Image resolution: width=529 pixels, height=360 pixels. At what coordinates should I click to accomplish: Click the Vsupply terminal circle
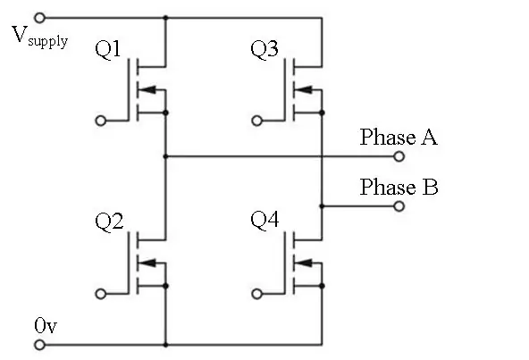click(40, 18)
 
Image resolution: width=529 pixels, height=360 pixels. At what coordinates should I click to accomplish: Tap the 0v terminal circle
click(39, 345)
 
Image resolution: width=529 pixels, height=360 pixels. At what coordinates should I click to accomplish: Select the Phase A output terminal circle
click(399, 156)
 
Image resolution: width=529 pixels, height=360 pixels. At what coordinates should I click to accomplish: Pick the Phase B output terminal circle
click(399, 206)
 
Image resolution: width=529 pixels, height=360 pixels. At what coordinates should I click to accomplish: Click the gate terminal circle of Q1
click(101, 121)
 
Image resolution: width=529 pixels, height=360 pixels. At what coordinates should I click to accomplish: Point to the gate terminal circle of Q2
click(101, 294)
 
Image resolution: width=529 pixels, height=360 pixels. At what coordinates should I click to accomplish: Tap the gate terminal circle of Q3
click(256, 121)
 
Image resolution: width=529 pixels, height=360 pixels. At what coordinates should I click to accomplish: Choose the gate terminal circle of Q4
click(256, 294)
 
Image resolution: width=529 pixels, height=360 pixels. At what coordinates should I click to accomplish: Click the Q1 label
click(107, 49)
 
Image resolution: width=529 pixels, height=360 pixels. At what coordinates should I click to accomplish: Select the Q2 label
click(109, 222)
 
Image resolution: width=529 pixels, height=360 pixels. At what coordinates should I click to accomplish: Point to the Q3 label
click(264, 49)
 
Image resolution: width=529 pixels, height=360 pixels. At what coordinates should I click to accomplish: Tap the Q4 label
click(264, 220)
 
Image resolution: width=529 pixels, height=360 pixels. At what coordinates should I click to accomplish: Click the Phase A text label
click(399, 137)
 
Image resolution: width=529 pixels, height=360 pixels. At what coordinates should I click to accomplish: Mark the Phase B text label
click(399, 187)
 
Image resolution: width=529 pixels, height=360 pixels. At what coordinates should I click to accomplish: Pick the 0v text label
click(46, 325)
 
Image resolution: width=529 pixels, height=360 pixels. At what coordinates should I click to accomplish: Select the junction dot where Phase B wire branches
click(322, 206)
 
